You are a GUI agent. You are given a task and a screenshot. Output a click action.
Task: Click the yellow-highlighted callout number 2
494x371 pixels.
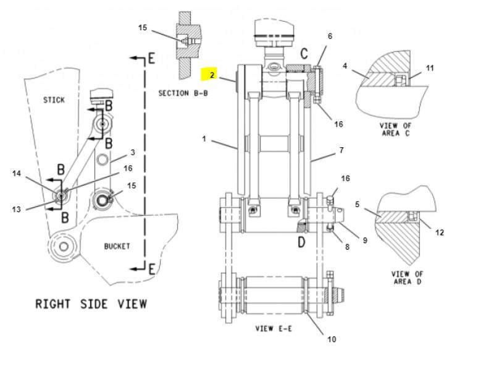point(212,75)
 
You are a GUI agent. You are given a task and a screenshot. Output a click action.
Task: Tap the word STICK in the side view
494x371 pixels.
point(54,100)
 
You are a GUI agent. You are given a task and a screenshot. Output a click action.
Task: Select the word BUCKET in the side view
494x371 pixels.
point(117,246)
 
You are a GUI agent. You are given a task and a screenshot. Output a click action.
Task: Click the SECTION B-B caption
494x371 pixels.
point(183,93)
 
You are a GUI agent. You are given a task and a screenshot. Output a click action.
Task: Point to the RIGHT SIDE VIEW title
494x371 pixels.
point(91,304)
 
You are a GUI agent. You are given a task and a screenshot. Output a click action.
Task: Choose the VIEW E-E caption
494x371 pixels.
point(274,328)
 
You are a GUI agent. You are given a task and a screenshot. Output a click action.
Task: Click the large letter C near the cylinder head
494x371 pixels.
point(304,53)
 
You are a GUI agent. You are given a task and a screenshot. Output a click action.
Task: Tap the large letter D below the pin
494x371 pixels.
point(301,242)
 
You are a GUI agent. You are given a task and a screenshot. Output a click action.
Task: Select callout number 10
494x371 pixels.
point(332,339)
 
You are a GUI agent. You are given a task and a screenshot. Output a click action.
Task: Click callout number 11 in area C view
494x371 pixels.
point(430,68)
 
